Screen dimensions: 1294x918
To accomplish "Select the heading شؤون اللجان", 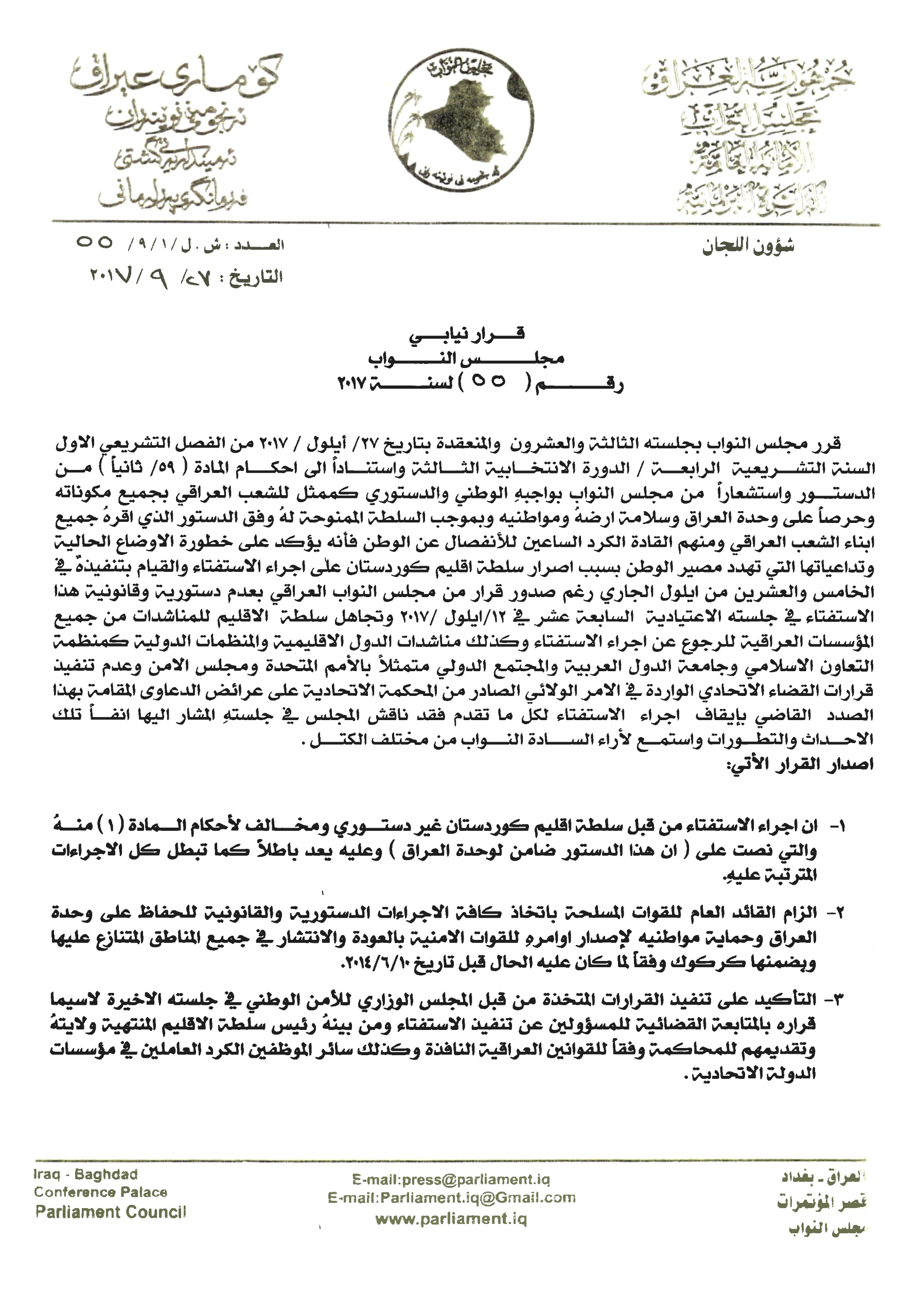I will coord(748,247).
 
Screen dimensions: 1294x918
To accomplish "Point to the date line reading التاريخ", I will coord(187,277).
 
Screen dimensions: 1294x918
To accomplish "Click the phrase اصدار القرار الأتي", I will coord(800,764).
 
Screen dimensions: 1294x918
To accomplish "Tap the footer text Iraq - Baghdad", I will coord(86,1175).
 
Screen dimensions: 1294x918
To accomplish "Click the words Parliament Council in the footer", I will coord(111,1212).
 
